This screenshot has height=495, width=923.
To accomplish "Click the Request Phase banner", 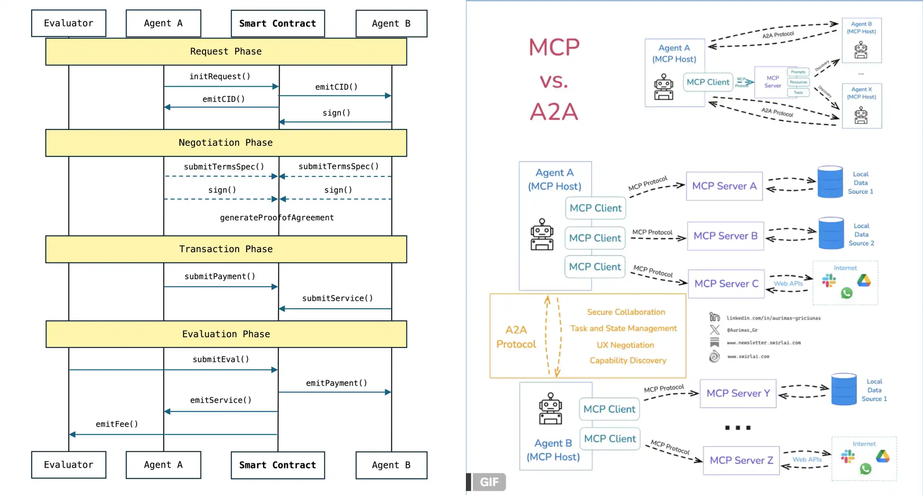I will coord(226,51).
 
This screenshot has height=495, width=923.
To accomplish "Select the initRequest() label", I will coord(220,77).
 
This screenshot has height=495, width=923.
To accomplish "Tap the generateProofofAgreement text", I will coord(277,218).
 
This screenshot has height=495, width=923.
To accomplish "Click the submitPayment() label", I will coord(220,277).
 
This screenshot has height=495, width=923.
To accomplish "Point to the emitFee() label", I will coord(117,424).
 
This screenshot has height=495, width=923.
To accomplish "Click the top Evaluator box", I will coord(69,23).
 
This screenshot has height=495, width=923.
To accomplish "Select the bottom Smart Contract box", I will coord(278,465).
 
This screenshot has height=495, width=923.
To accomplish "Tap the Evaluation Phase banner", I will coord(226,334).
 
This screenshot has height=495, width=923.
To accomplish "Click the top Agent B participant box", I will coord(391,24).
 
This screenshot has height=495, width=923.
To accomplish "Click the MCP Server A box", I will coord(724,186).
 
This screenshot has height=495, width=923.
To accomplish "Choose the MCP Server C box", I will coord(726,284).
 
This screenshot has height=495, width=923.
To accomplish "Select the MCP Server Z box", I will coord(741,461).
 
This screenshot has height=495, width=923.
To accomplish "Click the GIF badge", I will coord(489,482).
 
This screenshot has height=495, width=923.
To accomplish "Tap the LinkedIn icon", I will coord(714,317).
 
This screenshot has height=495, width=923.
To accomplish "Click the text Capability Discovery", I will coord(628,360).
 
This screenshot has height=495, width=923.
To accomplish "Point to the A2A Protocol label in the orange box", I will coord(516,337).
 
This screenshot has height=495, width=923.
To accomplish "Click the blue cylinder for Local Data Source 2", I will coord(831,233).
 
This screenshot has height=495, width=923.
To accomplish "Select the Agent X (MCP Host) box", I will coord(862,106).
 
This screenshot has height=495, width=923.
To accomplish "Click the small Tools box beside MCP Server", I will coord(798,92).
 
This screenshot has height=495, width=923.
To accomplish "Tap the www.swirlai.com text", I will coord(748,357).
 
